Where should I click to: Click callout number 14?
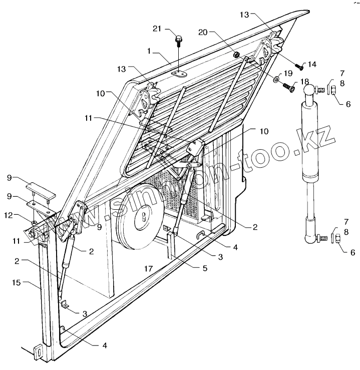click(312, 64)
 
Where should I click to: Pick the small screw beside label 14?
click(299, 67)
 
